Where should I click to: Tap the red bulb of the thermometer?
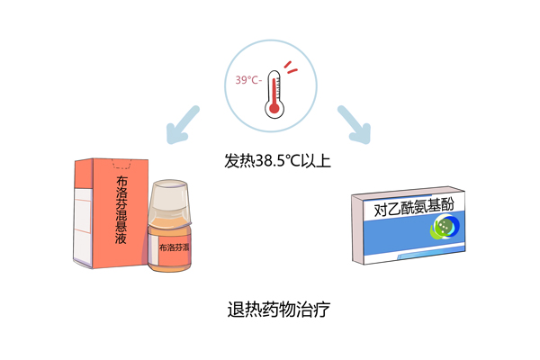[274, 108]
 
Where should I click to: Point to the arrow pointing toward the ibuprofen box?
[182, 125]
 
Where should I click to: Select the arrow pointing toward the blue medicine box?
[355, 125]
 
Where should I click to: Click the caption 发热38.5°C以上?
[277, 161]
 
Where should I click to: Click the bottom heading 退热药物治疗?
[279, 309]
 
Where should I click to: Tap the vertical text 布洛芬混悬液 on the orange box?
[121, 210]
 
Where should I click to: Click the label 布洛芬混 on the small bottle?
[175, 247]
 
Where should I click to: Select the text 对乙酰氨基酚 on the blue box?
[414, 207]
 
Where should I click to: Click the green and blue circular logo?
[445, 226]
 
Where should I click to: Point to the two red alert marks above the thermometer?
[291, 67]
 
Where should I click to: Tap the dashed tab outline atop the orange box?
[121, 164]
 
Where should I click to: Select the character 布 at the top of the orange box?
[121, 181]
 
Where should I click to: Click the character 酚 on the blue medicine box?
[447, 204]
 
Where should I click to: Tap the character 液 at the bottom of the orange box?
[121, 238]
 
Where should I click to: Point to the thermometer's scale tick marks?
[278, 85]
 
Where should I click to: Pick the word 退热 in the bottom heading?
[244, 309]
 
